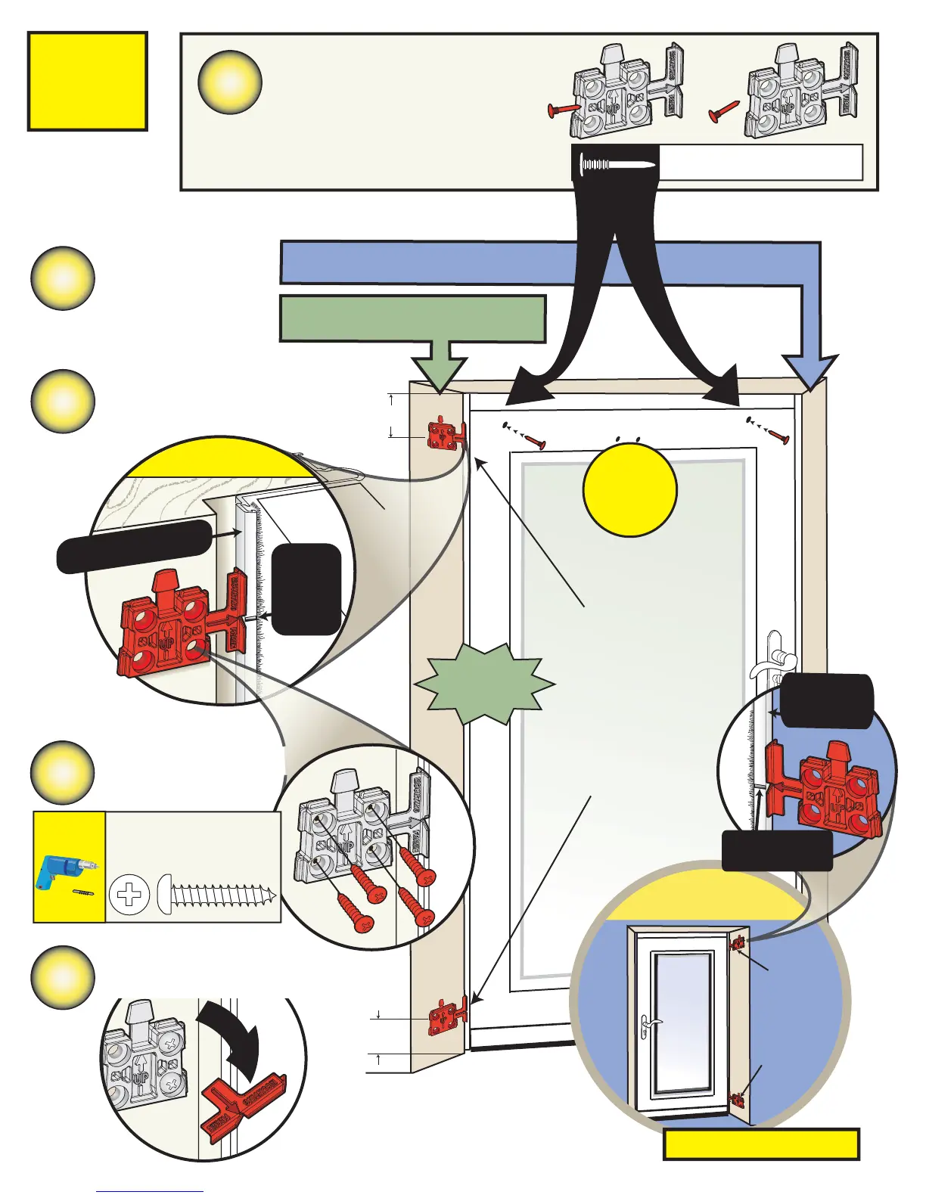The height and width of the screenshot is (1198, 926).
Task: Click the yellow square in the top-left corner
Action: pyautogui.click(x=87, y=81)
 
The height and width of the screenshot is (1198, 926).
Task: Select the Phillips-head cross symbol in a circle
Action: pyautogui.click(x=129, y=895)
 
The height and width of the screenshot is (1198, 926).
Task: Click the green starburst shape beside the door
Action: pyautogui.click(x=485, y=684)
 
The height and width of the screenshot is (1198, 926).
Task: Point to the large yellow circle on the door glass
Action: pyautogui.click(x=629, y=489)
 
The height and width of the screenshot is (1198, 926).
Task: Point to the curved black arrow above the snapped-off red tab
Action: pyautogui.click(x=235, y=1036)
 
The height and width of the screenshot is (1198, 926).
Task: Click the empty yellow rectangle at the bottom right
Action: pyautogui.click(x=761, y=1144)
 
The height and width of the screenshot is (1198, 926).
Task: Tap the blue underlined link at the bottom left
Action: pyautogui.click(x=150, y=1191)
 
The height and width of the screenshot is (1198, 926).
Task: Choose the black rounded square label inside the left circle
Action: pyautogui.click(x=306, y=588)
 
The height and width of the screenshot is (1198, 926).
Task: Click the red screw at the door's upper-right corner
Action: pyautogui.click(x=778, y=437)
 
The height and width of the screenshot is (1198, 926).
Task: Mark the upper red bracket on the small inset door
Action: pyautogui.click(x=736, y=943)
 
